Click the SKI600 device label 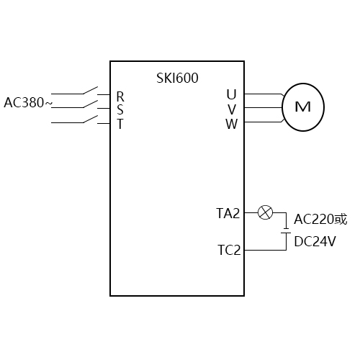click(177, 78)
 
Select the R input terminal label click(120, 96)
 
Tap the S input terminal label click(120, 109)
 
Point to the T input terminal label click(120, 123)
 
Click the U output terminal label click(231, 94)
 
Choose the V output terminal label click(231, 109)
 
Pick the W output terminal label click(231, 123)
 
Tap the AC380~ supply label click(28, 102)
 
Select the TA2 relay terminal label click(228, 212)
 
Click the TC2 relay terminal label click(229, 251)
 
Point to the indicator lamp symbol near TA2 click(266, 212)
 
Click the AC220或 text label click(320, 220)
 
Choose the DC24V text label click(315, 242)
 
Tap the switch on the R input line click(90, 91)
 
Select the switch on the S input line click(90, 105)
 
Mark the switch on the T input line click(90, 120)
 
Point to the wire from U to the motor click(263, 94)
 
